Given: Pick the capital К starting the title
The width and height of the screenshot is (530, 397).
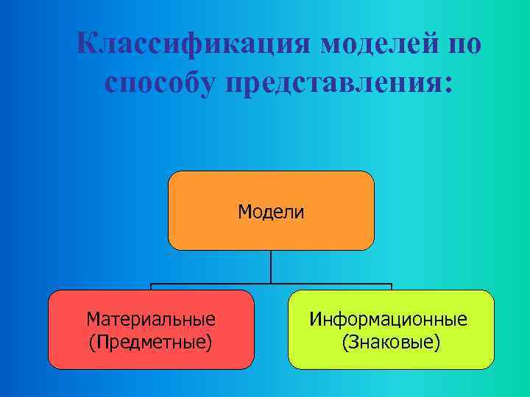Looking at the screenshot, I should coord(87,45).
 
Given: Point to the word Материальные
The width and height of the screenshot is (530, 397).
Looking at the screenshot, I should coord(151,319).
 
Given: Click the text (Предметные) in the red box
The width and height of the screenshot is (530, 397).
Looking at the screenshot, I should coord(151,341).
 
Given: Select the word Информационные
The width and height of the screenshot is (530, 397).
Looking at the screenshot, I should coord(388,319).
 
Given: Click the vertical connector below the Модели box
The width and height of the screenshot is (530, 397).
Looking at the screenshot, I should coord(271,266).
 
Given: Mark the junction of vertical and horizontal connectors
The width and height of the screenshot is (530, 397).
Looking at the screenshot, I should coord(271,284).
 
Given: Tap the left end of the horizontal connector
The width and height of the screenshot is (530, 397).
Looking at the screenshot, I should coord(152,285).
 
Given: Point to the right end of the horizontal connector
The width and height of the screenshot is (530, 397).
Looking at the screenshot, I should coord(391,285).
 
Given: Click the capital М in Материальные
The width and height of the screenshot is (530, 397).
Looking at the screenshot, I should coord(92,319).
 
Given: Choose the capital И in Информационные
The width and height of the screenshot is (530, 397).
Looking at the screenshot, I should coord(314,319).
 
